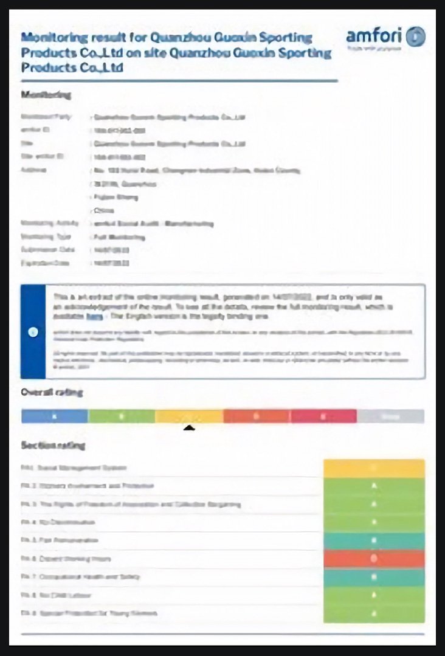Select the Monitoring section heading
[x=46, y=95]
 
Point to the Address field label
[x=33, y=170]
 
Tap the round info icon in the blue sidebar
[x=33, y=332]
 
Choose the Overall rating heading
[x=52, y=392]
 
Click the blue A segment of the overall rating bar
[x=55, y=416]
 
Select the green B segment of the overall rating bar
[x=122, y=416]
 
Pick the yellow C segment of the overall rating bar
[x=189, y=416]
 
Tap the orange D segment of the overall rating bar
[x=257, y=416]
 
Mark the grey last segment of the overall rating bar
[x=390, y=416]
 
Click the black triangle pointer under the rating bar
[x=189, y=428]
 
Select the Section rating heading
[x=53, y=446]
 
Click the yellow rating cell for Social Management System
[x=374, y=468]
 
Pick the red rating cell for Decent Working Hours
[x=374, y=559]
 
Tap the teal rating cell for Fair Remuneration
[x=374, y=540]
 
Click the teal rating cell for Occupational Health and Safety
[x=374, y=577]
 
